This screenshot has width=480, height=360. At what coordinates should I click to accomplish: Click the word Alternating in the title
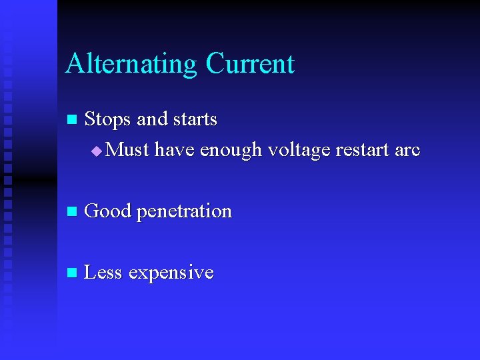click(131, 65)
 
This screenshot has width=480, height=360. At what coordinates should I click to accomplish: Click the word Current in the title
click(250, 64)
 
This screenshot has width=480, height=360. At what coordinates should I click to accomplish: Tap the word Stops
click(109, 119)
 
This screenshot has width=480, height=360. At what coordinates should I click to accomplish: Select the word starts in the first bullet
click(195, 120)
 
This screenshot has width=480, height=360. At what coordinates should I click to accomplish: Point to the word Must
click(127, 150)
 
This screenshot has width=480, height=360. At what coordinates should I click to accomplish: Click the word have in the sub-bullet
click(175, 150)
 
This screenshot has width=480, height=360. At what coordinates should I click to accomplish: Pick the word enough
click(231, 151)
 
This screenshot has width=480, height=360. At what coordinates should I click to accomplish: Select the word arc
click(407, 151)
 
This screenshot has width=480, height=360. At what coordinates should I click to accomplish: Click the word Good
click(108, 211)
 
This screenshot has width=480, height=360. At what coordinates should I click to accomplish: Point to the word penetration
click(184, 212)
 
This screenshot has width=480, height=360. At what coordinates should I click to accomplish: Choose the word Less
click(103, 273)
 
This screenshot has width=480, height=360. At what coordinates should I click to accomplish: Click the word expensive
click(171, 273)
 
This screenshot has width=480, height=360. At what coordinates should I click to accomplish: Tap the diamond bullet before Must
click(97, 151)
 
